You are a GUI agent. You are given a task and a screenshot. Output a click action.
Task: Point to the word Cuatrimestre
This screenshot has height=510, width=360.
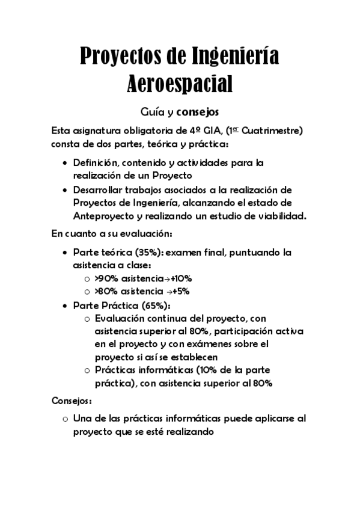click(272, 131)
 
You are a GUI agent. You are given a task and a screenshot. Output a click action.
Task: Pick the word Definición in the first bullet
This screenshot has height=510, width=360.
click(97, 163)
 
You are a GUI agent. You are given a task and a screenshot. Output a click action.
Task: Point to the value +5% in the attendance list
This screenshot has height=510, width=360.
click(180, 292)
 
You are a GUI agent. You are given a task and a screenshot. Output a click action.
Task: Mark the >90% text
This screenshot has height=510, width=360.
click(106, 278)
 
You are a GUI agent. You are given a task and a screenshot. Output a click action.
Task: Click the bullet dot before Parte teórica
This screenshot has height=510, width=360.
click(65, 253)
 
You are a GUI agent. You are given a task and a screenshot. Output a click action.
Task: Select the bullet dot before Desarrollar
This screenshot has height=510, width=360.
click(65, 189)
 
